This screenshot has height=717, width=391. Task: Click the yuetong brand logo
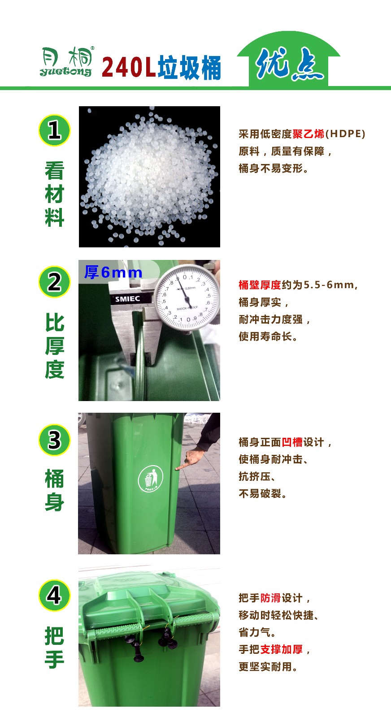(x=67, y=61)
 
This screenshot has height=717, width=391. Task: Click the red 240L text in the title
(x=128, y=67)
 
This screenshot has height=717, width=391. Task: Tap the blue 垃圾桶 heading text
(x=189, y=67)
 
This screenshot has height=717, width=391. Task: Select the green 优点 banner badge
(x=288, y=59)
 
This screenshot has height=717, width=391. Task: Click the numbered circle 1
(x=54, y=130)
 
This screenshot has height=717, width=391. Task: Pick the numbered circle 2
(x=54, y=282)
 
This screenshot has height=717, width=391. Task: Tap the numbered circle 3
(x=54, y=440)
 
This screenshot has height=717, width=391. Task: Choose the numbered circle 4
(x=54, y=596)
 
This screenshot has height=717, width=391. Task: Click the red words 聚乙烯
(x=308, y=134)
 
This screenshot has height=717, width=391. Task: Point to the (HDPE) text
(x=345, y=134)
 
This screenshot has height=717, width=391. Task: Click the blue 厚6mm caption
(x=113, y=272)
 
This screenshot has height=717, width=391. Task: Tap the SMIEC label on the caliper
(x=127, y=299)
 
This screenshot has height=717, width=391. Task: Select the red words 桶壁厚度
(x=260, y=285)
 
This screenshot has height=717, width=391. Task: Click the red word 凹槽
(x=292, y=442)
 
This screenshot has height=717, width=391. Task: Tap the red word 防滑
(x=270, y=598)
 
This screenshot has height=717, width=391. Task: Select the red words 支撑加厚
(x=282, y=649)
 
